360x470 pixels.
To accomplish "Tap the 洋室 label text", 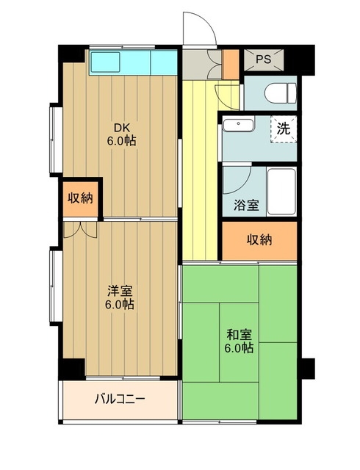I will point(119,289).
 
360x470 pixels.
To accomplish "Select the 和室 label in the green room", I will point(239,333).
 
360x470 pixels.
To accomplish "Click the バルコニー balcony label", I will point(120,400).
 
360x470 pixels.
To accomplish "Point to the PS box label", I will point(263,59).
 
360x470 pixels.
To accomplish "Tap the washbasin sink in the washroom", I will point(238,125).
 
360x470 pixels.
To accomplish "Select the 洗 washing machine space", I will point(283,128).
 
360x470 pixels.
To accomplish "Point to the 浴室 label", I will point(246,205).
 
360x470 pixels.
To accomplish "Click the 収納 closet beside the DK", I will point(80,198).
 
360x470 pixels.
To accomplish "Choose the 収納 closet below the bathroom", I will point(260,240).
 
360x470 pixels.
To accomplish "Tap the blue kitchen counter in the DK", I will point(132,62).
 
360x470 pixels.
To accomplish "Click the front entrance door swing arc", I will point(198,29).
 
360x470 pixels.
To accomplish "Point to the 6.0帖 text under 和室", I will point(239,348).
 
